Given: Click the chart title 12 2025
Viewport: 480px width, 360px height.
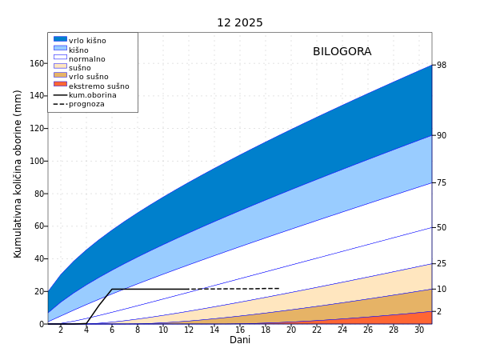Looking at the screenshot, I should tap(239, 22).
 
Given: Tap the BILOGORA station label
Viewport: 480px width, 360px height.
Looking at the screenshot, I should tap(342, 51).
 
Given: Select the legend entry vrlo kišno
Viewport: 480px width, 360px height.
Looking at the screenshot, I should tap(87, 41).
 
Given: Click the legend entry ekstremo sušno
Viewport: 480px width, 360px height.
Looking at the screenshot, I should tap(98, 86).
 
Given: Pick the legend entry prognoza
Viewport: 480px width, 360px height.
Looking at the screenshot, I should tap(86, 104).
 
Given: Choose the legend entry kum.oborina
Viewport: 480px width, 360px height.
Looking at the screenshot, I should tap(92, 95).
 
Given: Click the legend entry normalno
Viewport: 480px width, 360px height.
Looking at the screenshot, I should tap(86, 58).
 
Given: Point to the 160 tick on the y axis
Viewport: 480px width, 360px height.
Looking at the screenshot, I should tap(36, 63).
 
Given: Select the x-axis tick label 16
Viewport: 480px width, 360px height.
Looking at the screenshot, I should tap(240, 330).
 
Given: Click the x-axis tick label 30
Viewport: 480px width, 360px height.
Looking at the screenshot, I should tap(419, 330).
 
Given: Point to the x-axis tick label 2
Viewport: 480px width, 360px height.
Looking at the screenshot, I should tap(60, 330).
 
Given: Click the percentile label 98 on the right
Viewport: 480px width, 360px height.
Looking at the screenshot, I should tap(442, 65).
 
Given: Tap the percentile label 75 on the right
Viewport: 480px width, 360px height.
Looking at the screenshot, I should tap(442, 182).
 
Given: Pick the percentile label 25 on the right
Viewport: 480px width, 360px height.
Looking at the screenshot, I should tap(442, 263).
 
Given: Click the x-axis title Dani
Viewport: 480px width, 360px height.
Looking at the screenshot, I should tap(240, 340).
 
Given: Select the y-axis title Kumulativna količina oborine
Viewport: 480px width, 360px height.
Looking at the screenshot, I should tap(18, 174).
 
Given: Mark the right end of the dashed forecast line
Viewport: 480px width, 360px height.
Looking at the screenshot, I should tap(278, 288).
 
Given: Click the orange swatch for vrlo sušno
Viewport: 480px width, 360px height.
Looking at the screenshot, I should tap(60, 76).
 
